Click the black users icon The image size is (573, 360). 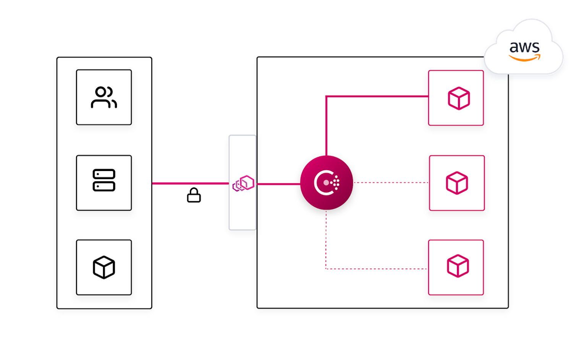pos(104,98)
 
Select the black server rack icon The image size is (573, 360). pos(104,180)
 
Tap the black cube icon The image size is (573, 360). pos(104,267)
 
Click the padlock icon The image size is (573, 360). pos(194,195)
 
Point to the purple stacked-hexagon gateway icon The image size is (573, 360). pos(243,184)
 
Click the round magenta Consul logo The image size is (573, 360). pos(326,183)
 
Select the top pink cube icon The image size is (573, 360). pos(458,98)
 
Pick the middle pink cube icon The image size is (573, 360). pos(457,183)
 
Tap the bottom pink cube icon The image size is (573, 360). pos(458,266)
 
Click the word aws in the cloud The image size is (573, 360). pos(524,47)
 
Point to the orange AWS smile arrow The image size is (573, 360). pos(524,58)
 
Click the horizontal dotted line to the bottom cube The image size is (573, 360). pos(376,269)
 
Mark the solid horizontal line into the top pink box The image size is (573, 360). pos(378,96)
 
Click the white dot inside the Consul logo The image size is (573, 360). pos(326,183)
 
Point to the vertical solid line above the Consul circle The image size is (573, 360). pos(326,126)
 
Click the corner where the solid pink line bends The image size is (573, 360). pos(326,97)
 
